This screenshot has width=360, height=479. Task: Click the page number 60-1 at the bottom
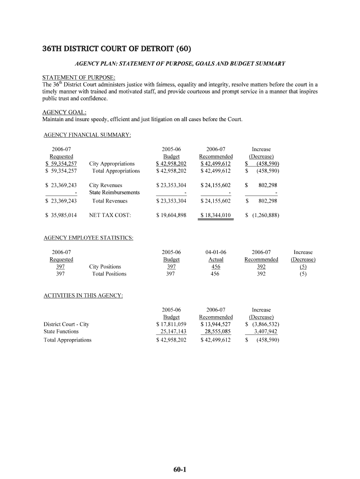click(x=180, y=470)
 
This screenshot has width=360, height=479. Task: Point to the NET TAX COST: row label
click(x=110, y=215)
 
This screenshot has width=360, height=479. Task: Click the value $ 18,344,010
click(x=216, y=215)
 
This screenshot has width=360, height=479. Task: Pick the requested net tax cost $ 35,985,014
click(x=61, y=215)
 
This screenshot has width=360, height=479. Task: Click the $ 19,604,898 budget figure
click(x=171, y=215)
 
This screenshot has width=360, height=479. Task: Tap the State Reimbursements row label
click(x=114, y=192)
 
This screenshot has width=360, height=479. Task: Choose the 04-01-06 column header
click(x=216, y=252)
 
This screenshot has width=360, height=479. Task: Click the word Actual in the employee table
click(x=216, y=260)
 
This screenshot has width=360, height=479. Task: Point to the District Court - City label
click(x=66, y=324)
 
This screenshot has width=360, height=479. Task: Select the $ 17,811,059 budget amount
click(x=171, y=324)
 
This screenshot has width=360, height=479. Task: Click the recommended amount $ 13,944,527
click(x=216, y=324)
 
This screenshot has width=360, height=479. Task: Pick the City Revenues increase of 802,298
click(x=267, y=185)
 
